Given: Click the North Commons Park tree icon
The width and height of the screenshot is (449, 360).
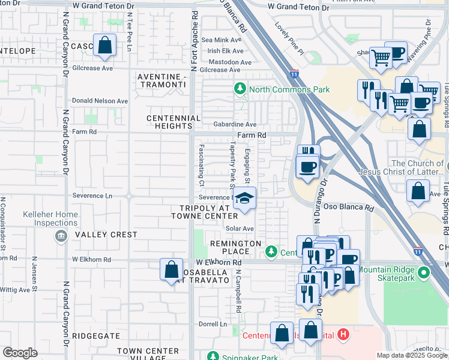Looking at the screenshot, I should tap(240, 89).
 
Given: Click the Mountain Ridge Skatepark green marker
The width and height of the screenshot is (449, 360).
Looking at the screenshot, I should tap(423, 274).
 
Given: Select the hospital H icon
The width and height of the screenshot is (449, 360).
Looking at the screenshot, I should tap(343, 334).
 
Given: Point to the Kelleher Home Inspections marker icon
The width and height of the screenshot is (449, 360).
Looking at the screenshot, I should tap(60, 235).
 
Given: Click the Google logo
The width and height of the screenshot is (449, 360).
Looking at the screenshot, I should tap(20, 353).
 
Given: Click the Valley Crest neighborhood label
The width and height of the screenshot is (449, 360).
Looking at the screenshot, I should tap(106, 235).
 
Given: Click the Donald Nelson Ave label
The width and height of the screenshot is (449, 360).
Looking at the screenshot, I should tap(100, 101).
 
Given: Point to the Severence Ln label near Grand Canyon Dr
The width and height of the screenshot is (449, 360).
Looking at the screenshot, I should tap(92, 196).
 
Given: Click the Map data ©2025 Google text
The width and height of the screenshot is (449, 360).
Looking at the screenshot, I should tap(412, 355).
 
